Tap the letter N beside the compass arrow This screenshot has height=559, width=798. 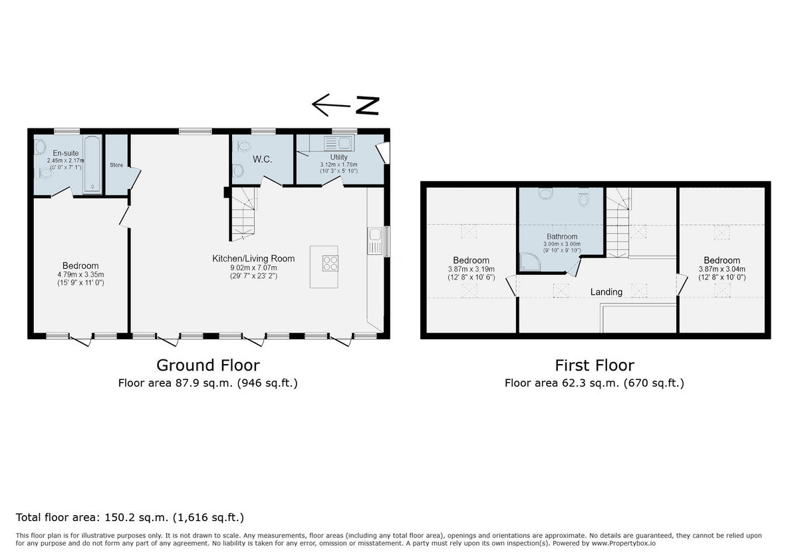(366, 105)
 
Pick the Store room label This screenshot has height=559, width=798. (116, 165)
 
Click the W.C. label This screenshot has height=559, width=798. (263, 160)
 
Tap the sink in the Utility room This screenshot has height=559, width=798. (338, 142)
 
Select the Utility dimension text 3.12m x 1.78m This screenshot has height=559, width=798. (338, 164)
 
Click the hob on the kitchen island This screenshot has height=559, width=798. (330, 263)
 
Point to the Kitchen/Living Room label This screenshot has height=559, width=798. (253, 258)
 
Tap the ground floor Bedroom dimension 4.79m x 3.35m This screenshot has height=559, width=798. (80, 274)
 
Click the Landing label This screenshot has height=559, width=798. (606, 291)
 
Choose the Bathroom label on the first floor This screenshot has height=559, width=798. (562, 236)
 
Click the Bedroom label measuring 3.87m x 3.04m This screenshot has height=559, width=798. (722, 260)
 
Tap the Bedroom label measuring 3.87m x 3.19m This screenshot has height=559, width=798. (471, 260)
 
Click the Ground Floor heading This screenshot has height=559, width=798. (207, 365)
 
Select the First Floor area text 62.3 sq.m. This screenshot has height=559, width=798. (594, 383)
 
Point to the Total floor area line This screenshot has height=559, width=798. (130, 517)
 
